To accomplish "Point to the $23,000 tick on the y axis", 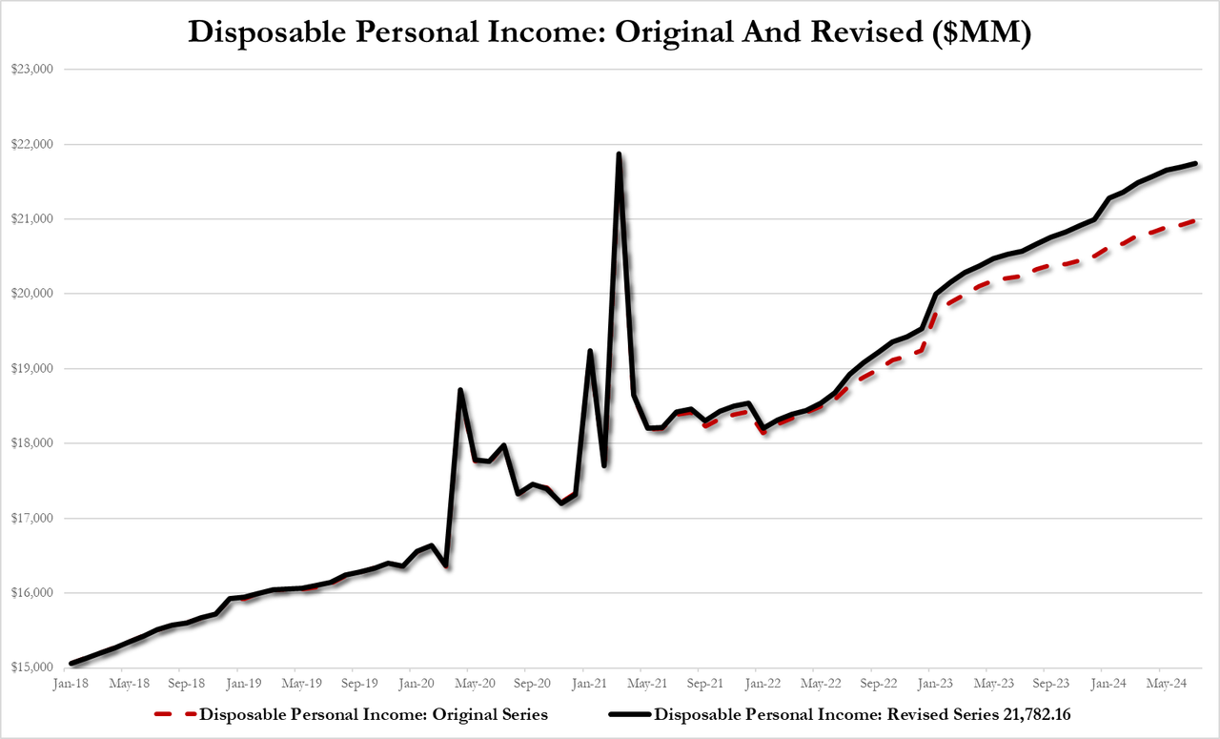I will click(x=34, y=70).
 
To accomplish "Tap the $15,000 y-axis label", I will click(x=34, y=667).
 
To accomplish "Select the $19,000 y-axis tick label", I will click(x=34, y=368).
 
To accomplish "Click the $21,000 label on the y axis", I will click(x=34, y=219).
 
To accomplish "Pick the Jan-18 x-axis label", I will click(x=71, y=684).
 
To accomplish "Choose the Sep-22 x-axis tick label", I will click(x=879, y=684).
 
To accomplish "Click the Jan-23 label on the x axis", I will click(x=937, y=684).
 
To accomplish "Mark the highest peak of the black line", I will click(x=619, y=154).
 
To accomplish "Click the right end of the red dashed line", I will click(x=1195, y=220).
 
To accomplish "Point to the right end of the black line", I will click(x=1195, y=163).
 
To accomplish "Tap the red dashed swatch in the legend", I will click(x=173, y=713).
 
